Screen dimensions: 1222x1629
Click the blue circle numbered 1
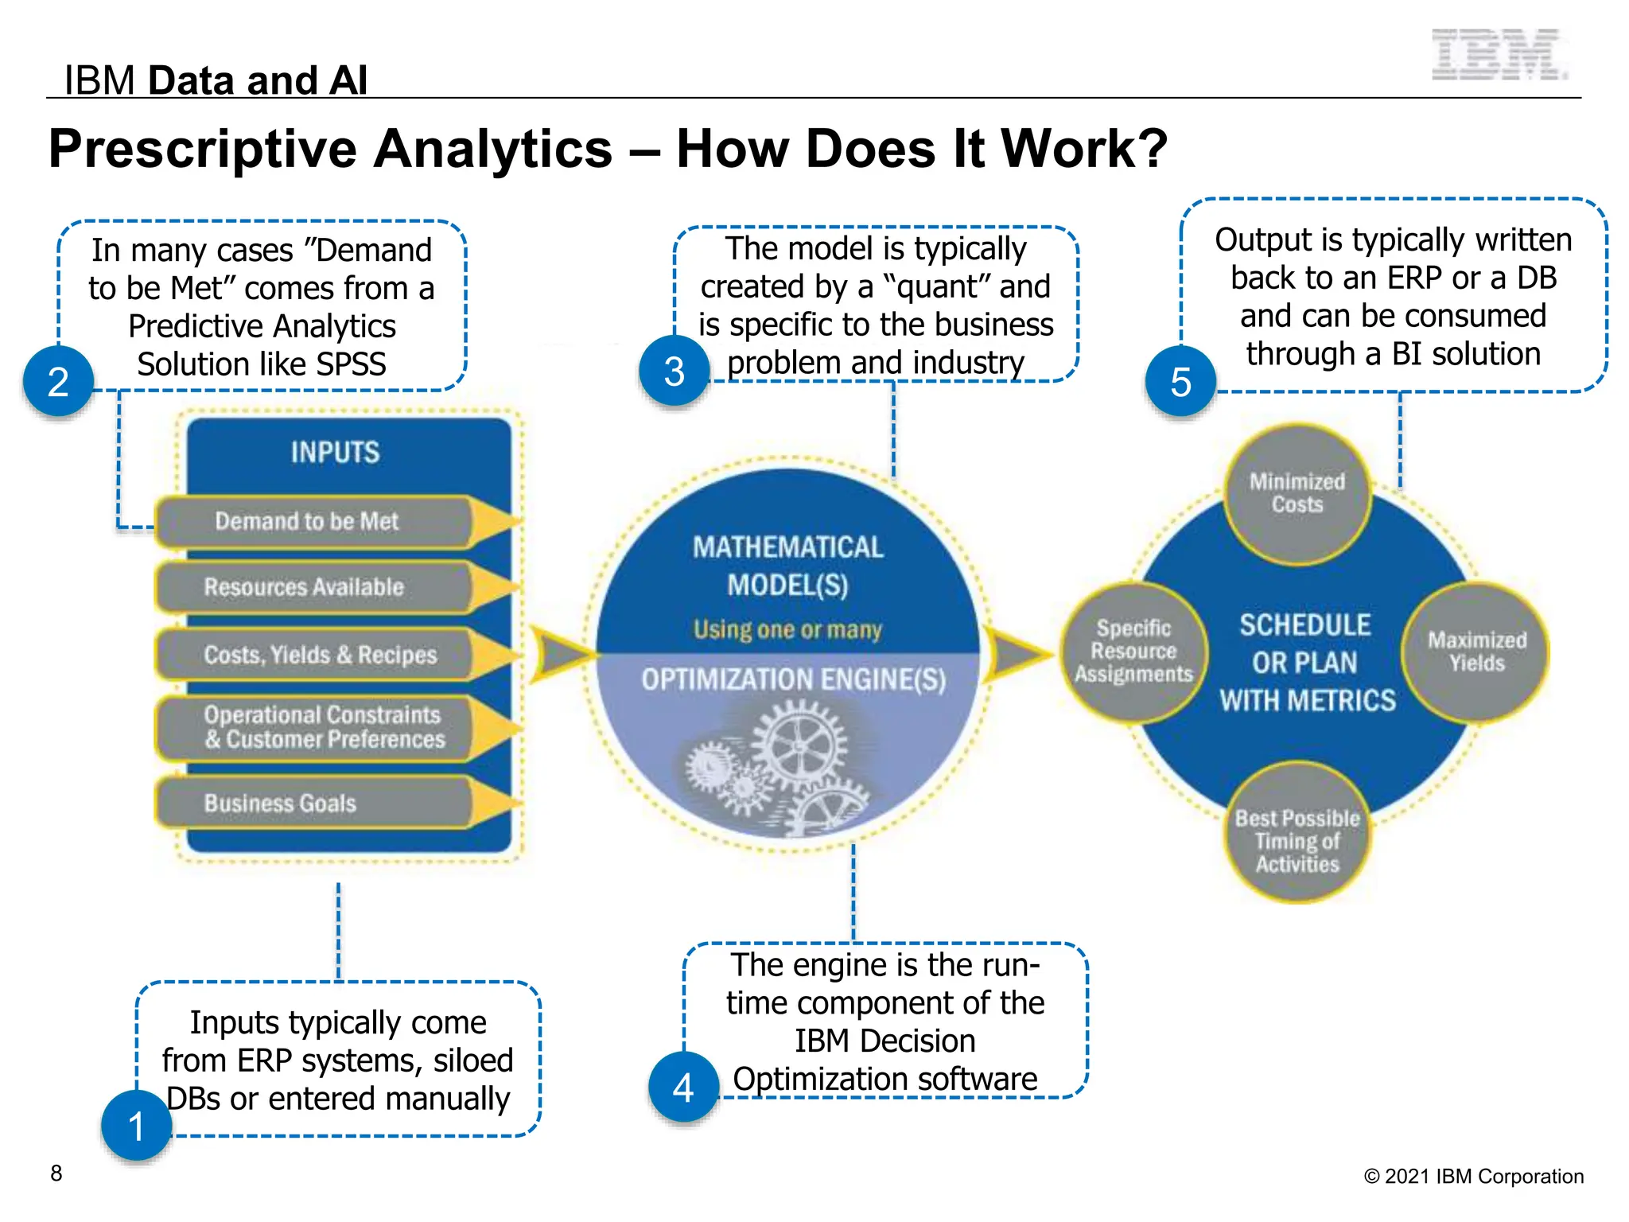coord(137,1126)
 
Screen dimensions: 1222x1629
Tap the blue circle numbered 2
coord(59,381)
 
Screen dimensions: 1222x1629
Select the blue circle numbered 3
coord(675,371)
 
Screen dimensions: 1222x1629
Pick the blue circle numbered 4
coord(683,1087)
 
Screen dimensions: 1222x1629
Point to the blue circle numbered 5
coord(1180,381)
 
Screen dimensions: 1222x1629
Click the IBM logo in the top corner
coord(1499,54)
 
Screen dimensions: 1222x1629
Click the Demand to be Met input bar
coord(310,522)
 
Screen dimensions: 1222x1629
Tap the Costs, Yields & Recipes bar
coord(318,655)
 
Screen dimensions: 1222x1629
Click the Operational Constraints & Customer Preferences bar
coord(322,727)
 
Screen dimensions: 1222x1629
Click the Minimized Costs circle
coord(1297,493)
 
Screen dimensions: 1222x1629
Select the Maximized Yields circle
coord(1476,652)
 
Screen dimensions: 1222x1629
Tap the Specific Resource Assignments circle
coord(1133,652)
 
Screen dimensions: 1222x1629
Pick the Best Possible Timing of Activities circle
coord(1297,832)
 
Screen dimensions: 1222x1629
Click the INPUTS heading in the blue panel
coord(335,452)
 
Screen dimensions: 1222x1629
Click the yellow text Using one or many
coord(787,629)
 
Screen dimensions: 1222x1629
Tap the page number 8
coord(56,1173)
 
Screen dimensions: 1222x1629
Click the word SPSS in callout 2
coord(351,364)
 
